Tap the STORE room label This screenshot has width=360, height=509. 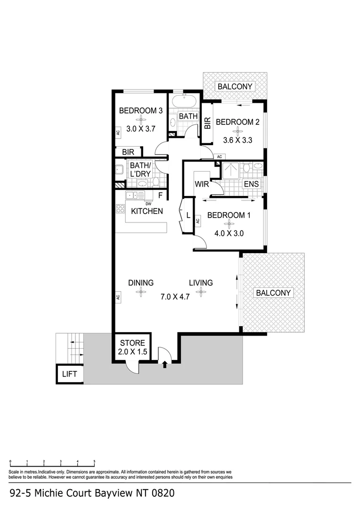tap(135, 343)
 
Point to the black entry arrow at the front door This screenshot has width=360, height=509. tap(164, 364)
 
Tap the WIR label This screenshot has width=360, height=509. tap(201, 183)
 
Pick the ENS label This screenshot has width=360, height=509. tap(251, 184)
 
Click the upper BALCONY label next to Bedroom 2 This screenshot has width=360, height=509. tap(235, 86)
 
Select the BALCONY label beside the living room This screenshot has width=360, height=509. tap(274, 293)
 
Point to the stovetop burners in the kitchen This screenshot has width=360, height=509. tap(120, 208)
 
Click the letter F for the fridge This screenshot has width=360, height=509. tap(160, 195)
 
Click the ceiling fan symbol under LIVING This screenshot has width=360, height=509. tap(201, 292)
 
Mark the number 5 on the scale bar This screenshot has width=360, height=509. tap(94, 461)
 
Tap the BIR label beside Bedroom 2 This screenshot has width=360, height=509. tap(207, 123)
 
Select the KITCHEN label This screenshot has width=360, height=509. tap(147, 211)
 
